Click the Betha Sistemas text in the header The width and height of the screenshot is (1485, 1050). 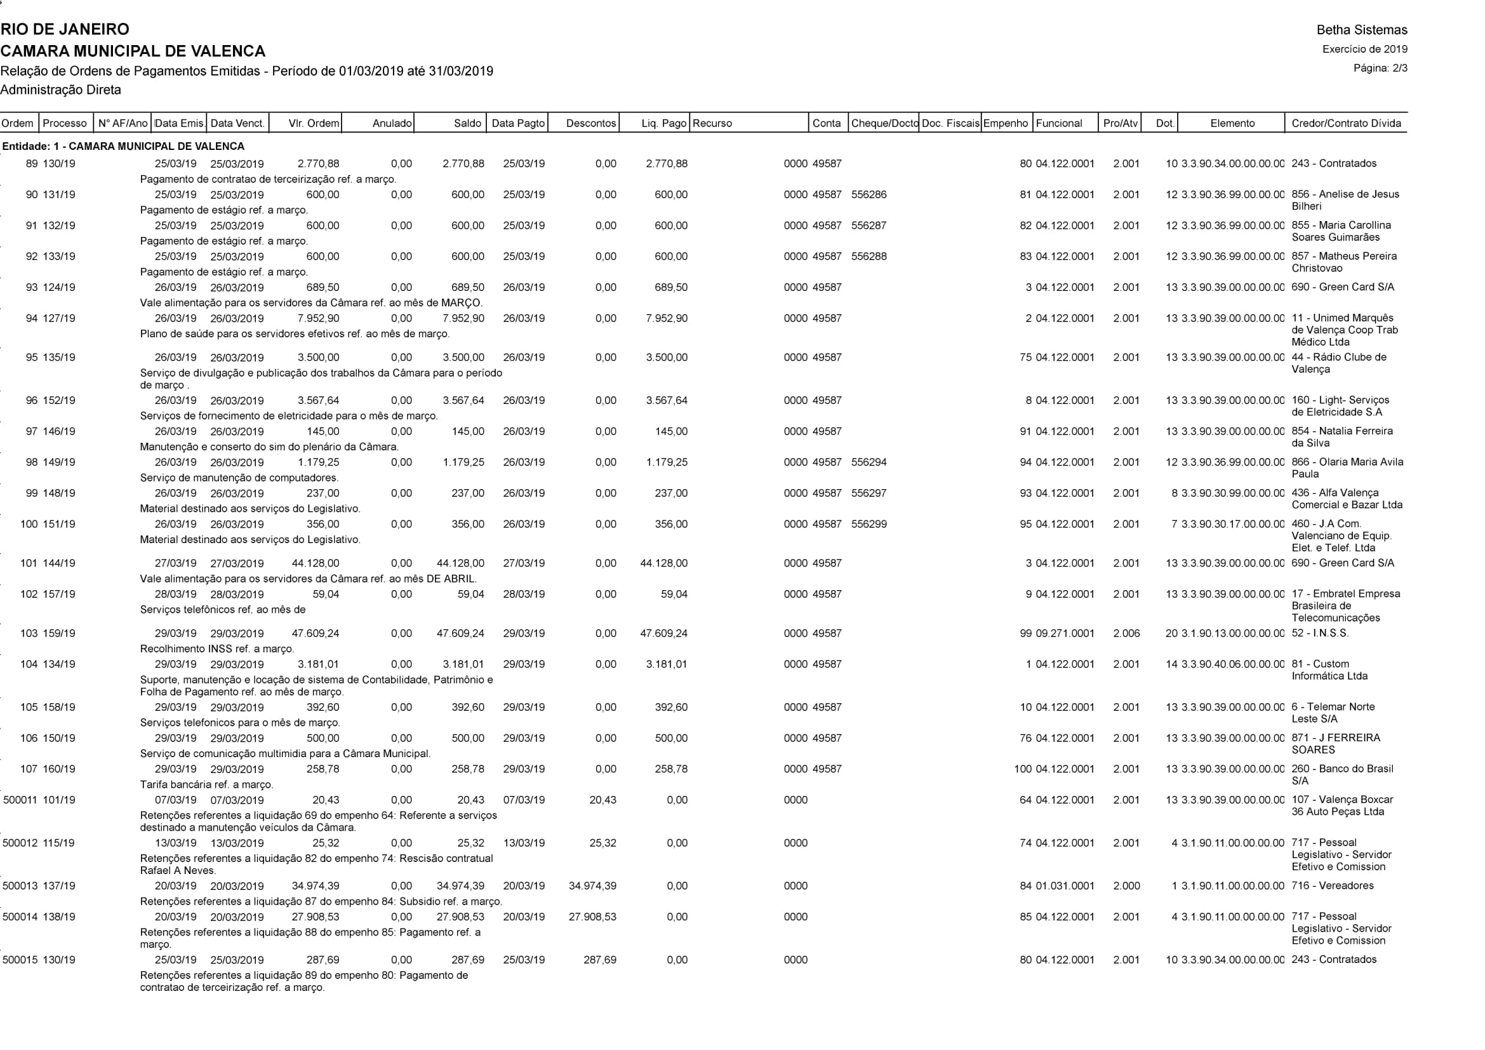tap(1361, 30)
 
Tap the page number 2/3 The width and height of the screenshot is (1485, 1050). tap(1380, 68)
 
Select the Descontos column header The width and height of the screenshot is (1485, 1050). tap(590, 123)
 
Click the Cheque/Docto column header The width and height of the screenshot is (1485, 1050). tap(884, 123)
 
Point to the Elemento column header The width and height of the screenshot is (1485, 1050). tap(1232, 123)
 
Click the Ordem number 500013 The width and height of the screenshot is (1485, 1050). tap(20, 885)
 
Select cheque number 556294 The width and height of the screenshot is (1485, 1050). tap(869, 462)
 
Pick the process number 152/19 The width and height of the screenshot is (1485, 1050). tap(59, 400)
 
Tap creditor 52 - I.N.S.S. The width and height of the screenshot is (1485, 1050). tap(1320, 633)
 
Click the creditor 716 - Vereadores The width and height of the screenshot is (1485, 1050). tap(1333, 885)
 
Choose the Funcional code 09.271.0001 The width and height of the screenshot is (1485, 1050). tap(1065, 633)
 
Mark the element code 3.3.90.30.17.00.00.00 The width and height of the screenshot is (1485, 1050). tap(1232, 524)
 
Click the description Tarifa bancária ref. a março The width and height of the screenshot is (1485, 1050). tap(206, 784)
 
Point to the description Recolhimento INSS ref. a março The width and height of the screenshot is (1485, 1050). tap(216, 649)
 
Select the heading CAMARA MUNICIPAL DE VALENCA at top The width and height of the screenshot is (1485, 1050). tap(133, 51)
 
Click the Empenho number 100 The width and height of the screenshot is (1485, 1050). tap(1023, 769)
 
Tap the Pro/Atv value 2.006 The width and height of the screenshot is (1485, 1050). tap(1126, 633)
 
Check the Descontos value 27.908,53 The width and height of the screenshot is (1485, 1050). tap(592, 917)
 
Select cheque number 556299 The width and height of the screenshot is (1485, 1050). tap(869, 524)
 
